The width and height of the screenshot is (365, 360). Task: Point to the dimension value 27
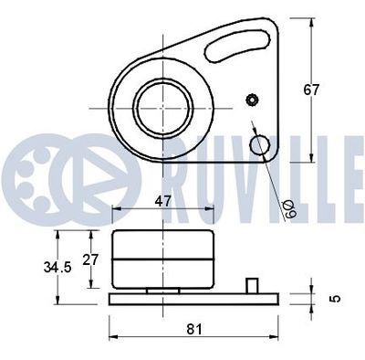89,259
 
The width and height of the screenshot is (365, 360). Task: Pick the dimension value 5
336,297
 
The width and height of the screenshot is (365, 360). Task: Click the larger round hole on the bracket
261,143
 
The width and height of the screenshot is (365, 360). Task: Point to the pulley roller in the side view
162,260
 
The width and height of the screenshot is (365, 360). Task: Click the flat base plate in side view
192,299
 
